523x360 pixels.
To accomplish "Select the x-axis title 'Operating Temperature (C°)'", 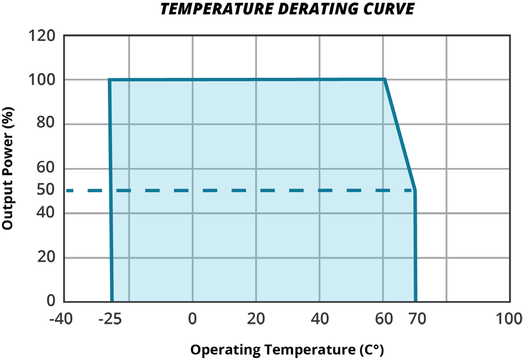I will (288, 350).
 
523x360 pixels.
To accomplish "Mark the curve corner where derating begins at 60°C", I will (385, 80).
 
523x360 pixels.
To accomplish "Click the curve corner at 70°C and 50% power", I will (415, 190).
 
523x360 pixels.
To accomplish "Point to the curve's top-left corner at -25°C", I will (109, 80).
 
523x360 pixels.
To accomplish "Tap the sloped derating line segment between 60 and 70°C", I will (400, 135).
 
